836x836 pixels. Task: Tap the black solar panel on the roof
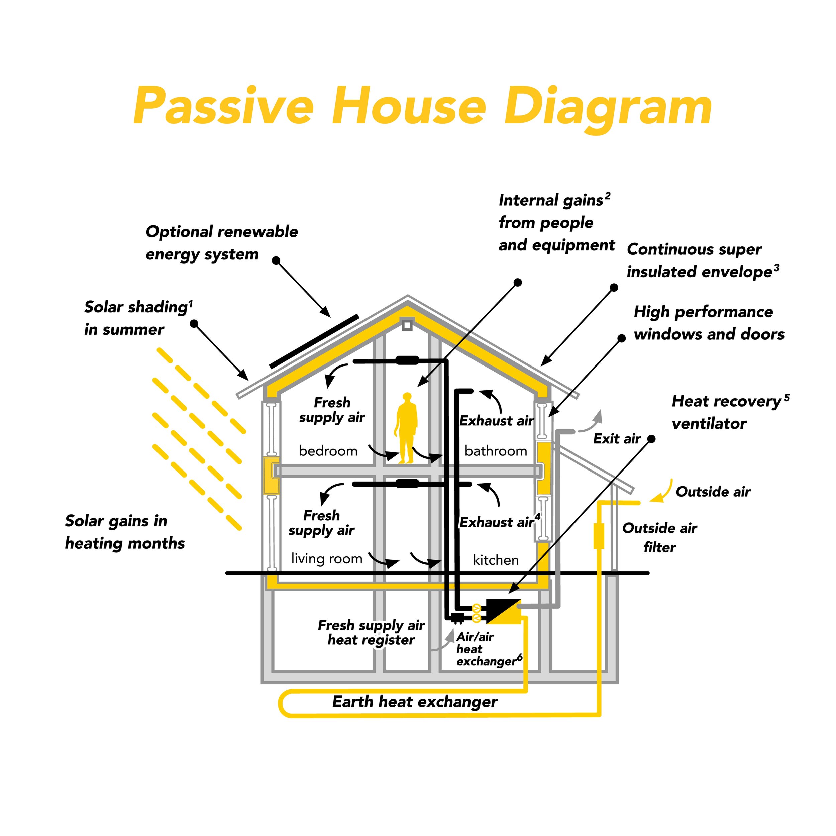click(314, 341)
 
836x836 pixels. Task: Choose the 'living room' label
click(327, 559)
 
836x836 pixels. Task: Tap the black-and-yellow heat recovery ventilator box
click(503, 611)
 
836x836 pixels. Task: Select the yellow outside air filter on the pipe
click(599, 536)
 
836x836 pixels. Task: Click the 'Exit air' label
click(617, 439)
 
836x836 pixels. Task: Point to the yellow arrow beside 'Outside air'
click(662, 492)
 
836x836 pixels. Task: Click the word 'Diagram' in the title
click(608, 106)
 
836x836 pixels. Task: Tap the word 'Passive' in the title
click(224, 106)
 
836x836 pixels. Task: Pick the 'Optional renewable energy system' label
click(222, 243)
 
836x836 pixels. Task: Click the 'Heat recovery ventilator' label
click(730, 412)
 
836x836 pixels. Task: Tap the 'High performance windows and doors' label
click(709, 323)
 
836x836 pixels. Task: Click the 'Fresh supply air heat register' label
click(371, 632)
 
